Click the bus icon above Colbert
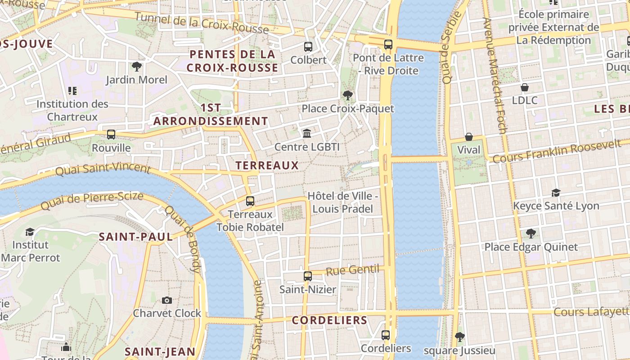308,46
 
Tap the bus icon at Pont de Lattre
388,45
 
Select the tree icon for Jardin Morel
137,67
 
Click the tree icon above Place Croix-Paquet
347,95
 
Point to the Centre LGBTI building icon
307,133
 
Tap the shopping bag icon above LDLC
524,87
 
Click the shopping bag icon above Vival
468,136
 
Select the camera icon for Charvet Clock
166,300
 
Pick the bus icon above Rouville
111,134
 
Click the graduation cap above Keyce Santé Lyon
556,193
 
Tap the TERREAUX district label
267,165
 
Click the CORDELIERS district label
329,320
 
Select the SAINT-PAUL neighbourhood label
135,237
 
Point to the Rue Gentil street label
352,270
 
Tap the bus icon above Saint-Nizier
308,276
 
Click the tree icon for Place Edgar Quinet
531,233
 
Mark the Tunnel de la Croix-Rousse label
202,23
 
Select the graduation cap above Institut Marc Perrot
30,232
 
